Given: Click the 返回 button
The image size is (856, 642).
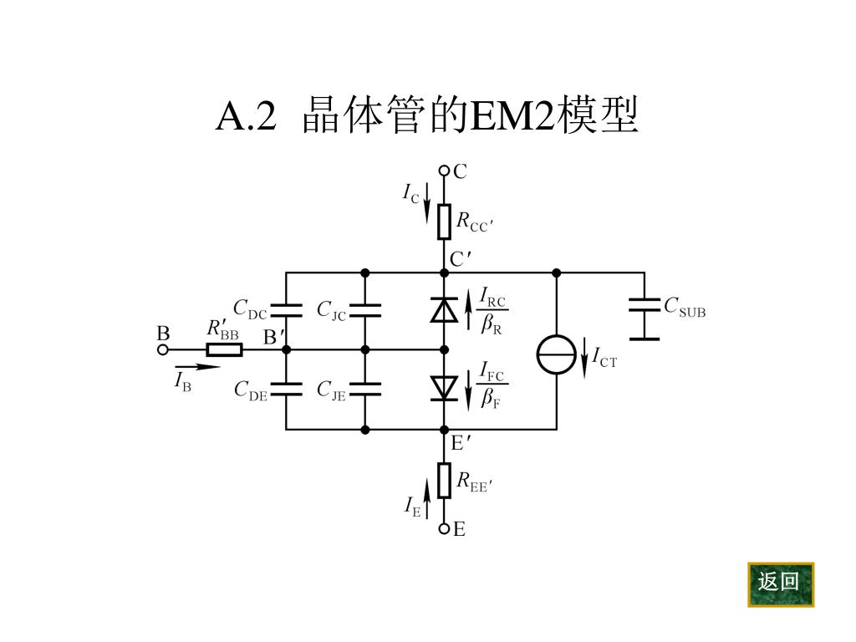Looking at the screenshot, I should point(780,583).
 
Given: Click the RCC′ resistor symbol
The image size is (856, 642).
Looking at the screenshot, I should point(444,221).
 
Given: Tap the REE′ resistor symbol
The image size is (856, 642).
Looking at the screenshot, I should point(444,480).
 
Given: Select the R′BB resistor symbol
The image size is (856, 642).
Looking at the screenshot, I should point(224,349).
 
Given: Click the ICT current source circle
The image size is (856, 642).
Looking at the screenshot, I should point(556,354).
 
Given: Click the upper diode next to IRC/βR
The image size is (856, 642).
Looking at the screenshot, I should point(444,309).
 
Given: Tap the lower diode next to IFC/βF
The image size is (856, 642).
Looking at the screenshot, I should point(444,388).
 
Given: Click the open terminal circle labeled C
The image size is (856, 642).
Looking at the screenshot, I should point(444,171).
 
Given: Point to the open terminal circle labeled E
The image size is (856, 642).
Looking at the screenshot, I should point(444,528).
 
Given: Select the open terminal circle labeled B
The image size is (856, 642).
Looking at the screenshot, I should point(163,349).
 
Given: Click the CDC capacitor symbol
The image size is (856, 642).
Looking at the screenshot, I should point(286,310).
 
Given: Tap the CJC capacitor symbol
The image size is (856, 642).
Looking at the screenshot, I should point(365,310).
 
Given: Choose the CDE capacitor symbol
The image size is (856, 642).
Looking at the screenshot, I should point(286,388).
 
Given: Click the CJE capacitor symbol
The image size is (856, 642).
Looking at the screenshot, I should point(365,388).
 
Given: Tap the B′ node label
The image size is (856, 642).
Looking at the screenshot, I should point(274,338).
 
